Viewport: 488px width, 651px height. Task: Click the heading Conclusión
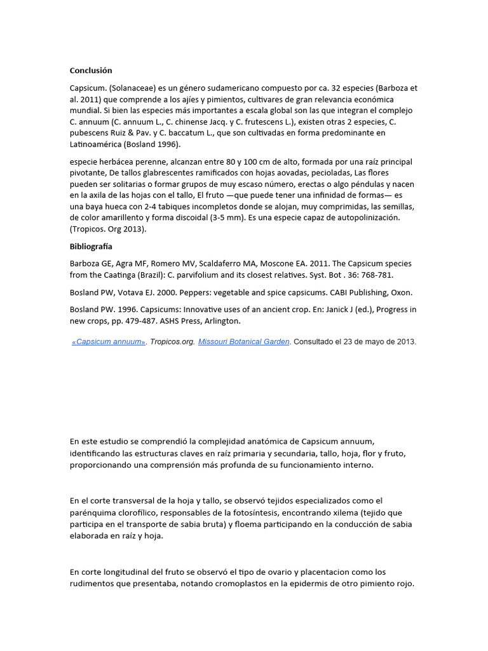(90, 71)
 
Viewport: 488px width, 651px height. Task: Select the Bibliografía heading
(91, 246)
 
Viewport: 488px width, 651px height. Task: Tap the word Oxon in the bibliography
(400, 292)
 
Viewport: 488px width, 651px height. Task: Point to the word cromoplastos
(233, 584)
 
